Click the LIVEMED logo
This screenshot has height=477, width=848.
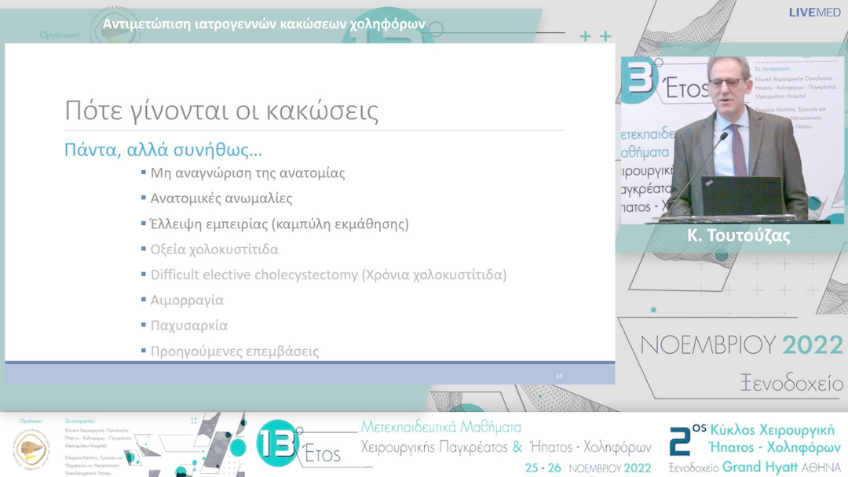tap(816, 13)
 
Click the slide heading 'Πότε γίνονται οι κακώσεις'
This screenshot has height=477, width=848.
tap(221, 111)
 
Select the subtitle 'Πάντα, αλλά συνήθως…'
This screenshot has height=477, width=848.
tap(163, 150)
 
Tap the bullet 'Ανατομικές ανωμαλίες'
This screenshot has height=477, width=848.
tap(221, 198)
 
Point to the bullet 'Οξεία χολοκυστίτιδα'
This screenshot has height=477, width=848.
tap(214, 249)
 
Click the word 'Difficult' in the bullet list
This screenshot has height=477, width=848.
tap(175, 275)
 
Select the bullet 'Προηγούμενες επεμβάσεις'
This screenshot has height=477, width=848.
tap(235, 351)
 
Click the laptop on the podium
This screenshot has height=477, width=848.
tap(742, 196)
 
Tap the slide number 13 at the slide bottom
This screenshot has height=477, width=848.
tap(559, 376)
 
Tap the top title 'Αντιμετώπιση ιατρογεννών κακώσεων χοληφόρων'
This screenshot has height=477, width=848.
tap(264, 24)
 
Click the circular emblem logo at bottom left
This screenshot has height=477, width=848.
tap(31, 449)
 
